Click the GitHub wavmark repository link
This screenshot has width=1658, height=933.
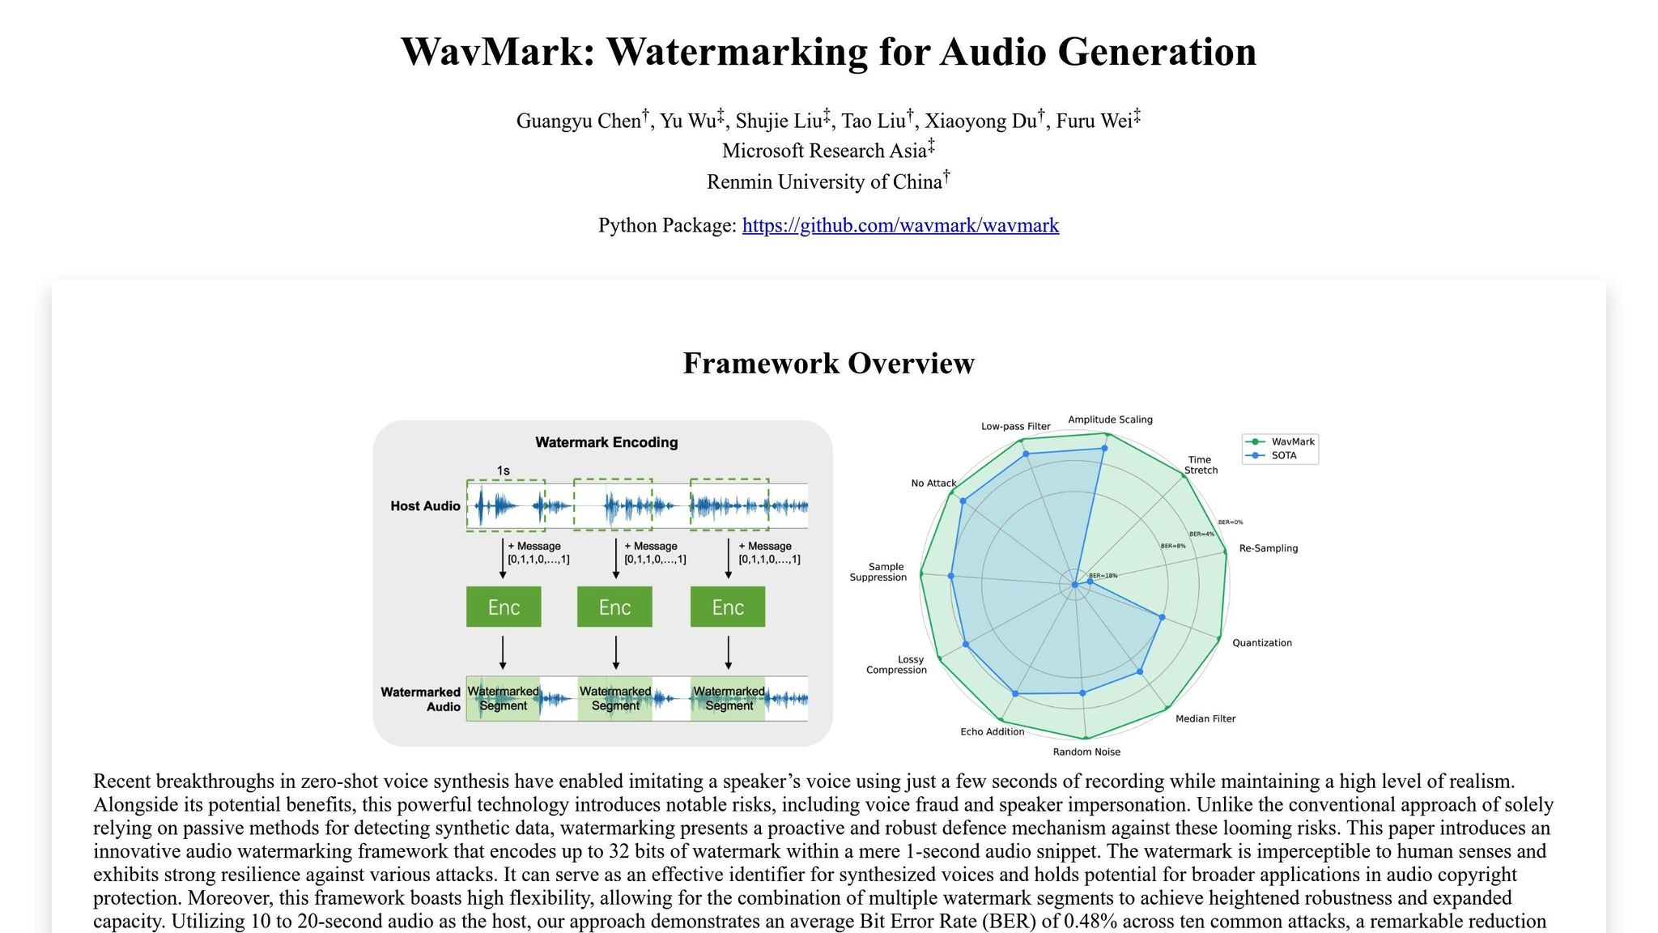(x=900, y=225)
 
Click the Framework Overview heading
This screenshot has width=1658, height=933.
(x=828, y=363)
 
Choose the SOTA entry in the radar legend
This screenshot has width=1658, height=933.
(x=1283, y=455)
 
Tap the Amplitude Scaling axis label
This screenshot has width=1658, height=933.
(x=1110, y=420)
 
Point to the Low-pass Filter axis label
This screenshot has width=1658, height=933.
(x=1015, y=426)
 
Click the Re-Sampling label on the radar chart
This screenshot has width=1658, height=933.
(x=1268, y=548)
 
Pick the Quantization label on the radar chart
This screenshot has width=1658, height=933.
(x=1261, y=643)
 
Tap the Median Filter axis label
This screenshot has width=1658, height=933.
(x=1205, y=718)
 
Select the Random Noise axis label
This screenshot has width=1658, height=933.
(x=1086, y=752)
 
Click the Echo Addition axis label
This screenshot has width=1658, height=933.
(x=992, y=731)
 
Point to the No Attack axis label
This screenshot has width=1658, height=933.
(x=933, y=484)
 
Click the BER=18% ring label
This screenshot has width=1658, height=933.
(x=1103, y=576)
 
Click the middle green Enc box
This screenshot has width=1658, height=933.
(x=614, y=607)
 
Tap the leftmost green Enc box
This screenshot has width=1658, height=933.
(x=504, y=607)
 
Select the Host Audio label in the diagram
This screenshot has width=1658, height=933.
(x=425, y=506)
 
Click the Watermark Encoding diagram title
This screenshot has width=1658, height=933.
(x=606, y=442)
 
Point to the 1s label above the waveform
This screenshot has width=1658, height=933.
(x=503, y=471)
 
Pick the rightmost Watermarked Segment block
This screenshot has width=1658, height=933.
(x=729, y=698)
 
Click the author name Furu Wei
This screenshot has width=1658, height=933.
(x=1094, y=121)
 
